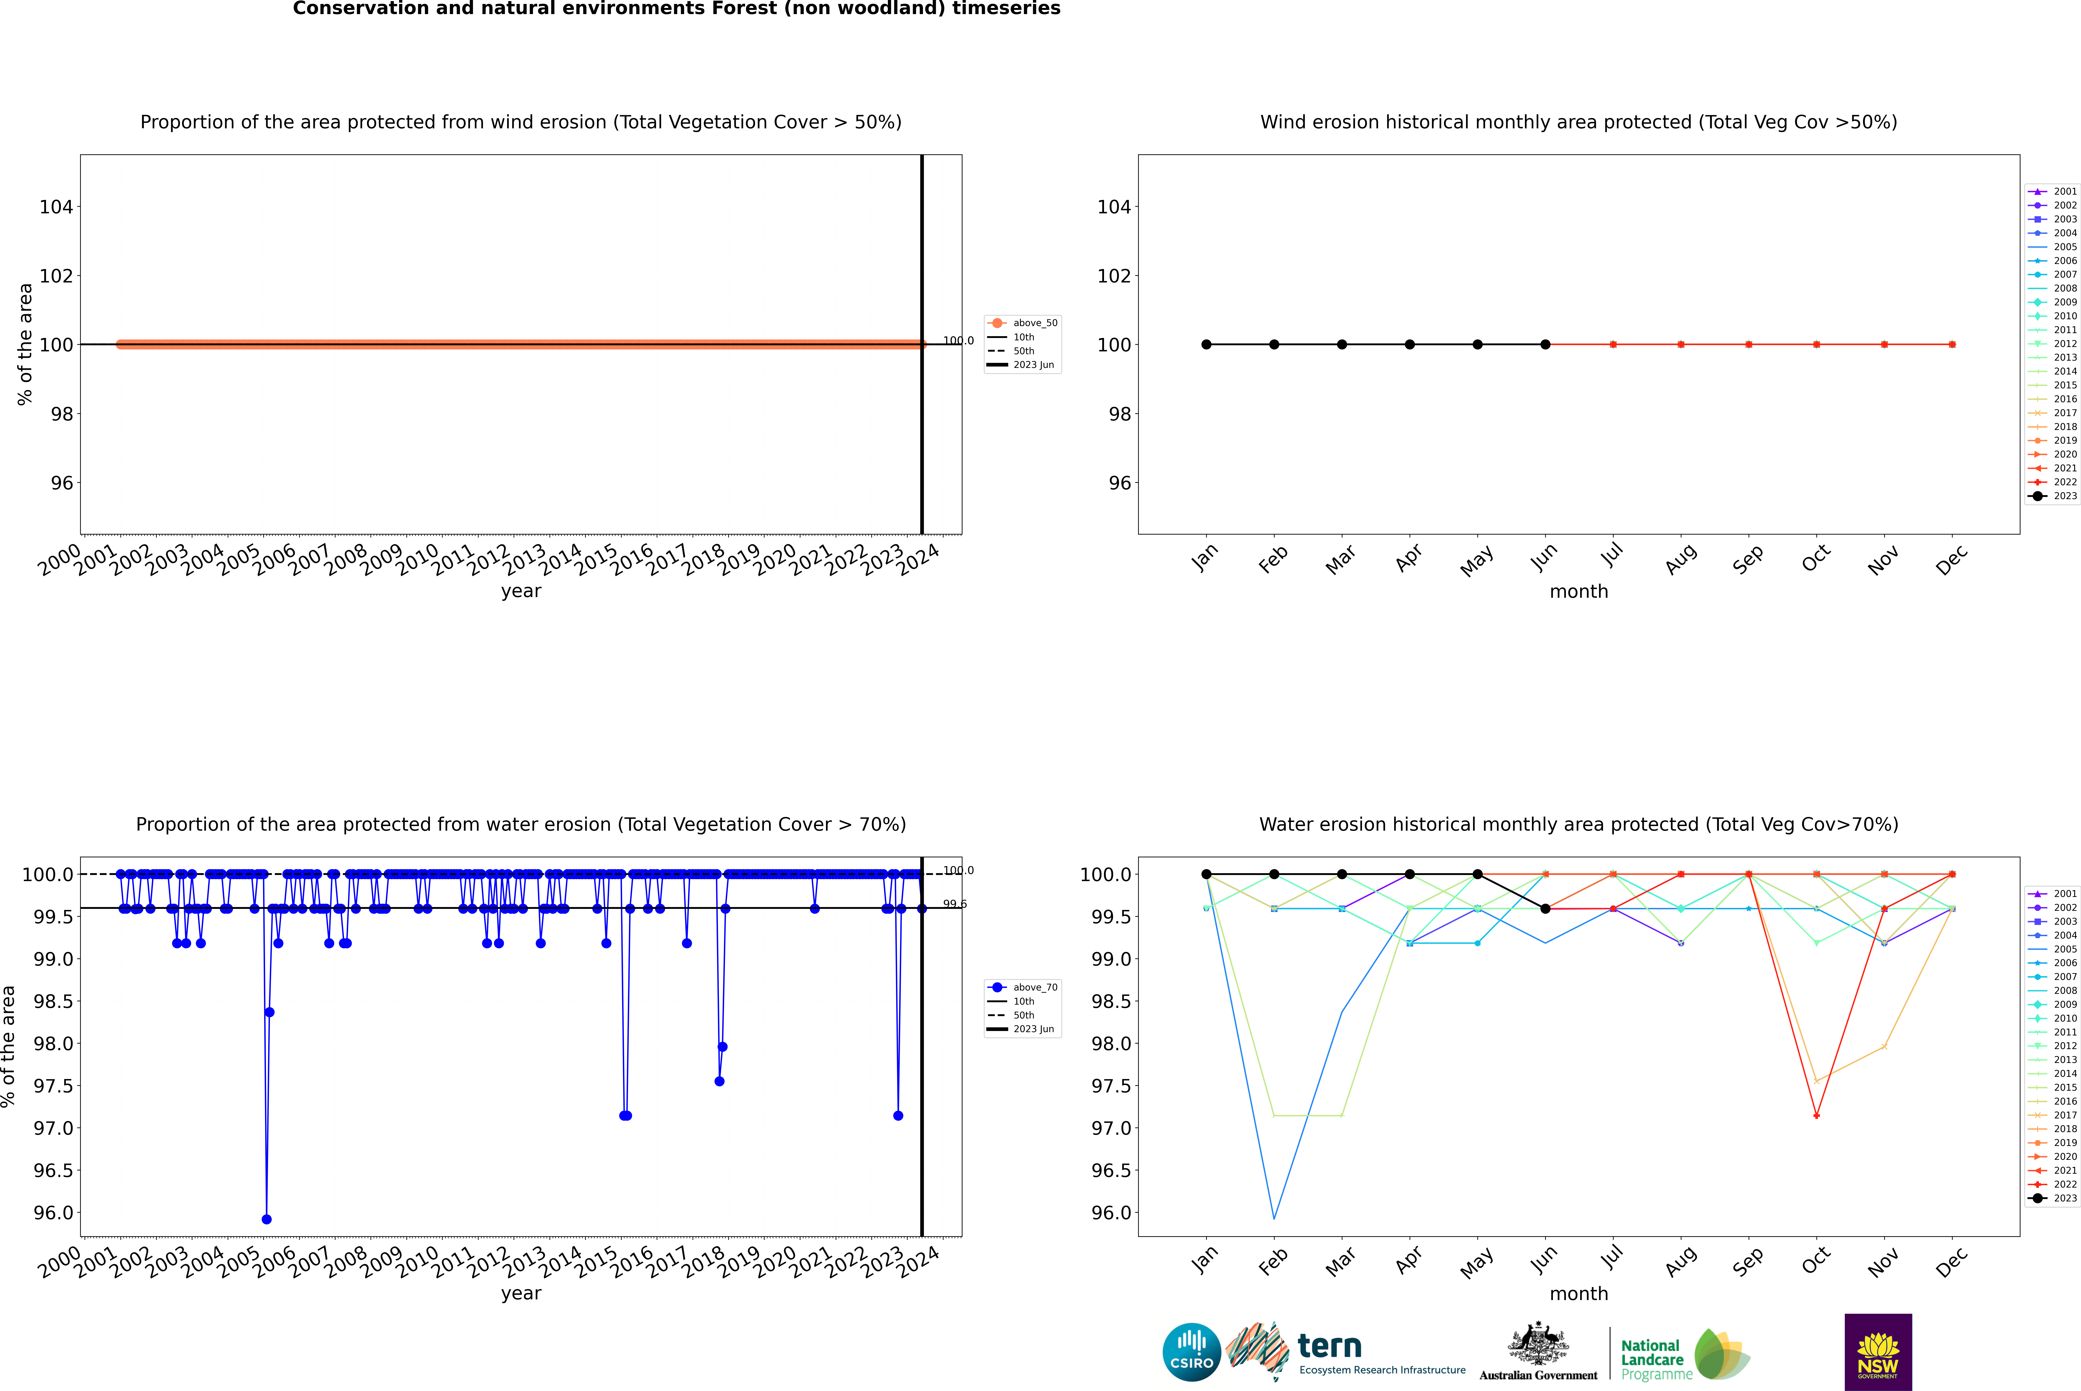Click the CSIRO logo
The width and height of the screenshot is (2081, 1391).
pos(1191,1352)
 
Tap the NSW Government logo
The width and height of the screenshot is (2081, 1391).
pos(1878,1352)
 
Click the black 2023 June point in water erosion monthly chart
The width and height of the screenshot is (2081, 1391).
pos(1545,908)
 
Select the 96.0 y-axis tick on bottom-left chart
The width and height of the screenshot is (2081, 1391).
pos(53,1213)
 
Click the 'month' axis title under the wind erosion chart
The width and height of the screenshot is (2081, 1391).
pos(1578,592)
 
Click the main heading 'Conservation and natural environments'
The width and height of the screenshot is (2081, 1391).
pos(676,9)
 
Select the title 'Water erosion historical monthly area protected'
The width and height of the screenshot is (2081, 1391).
pos(1578,824)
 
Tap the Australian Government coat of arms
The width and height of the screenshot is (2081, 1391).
pos(1537,1344)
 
